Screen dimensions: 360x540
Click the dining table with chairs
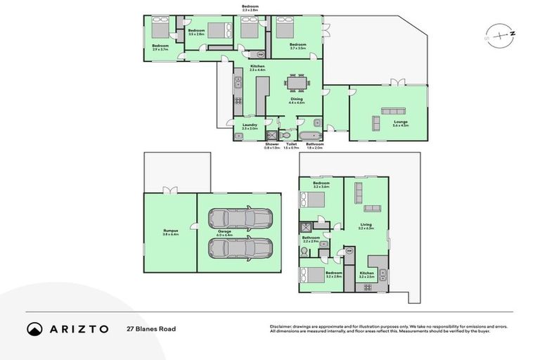(x=297, y=84)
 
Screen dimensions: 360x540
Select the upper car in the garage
(x=240, y=220)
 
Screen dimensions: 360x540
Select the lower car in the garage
(x=240, y=248)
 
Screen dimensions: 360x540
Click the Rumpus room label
(x=170, y=232)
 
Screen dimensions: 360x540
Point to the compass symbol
(x=499, y=34)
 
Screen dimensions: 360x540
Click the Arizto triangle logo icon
(x=34, y=328)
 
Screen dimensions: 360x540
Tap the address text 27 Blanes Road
(x=151, y=328)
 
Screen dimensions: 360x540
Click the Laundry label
(x=250, y=127)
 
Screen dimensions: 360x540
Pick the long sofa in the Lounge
(x=393, y=110)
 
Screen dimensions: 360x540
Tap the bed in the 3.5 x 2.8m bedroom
(x=217, y=30)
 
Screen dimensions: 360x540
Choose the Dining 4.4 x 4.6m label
(x=297, y=101)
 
